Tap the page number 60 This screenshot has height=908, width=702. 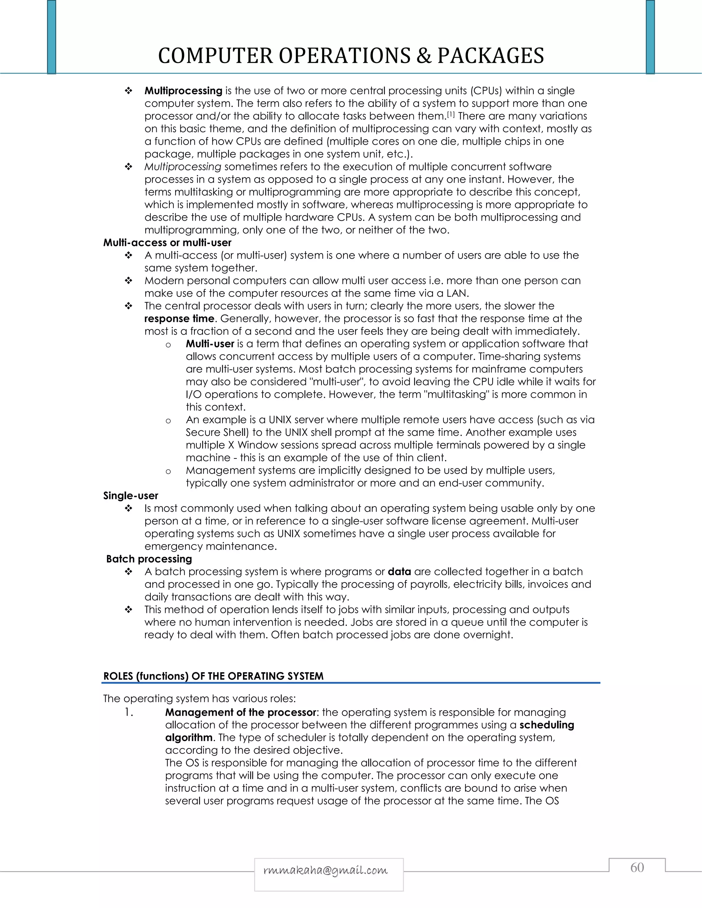point(637,867)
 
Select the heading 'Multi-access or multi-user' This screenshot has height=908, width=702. point(167,243)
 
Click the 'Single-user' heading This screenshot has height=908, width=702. point(131,495)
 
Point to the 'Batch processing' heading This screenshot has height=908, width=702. point(149,559)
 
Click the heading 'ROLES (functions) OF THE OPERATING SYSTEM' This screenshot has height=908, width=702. point(213,676)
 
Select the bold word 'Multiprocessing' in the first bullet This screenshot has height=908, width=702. point(183,91)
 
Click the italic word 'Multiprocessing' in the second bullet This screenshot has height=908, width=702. point(183,167)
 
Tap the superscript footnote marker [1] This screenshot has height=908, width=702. point(451,114)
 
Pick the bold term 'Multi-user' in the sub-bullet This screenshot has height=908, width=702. point(210,344)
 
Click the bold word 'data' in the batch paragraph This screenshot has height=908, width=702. point(399,572)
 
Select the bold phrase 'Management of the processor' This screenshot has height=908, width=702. point(241,712)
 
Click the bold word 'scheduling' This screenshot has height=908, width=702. point(546,725)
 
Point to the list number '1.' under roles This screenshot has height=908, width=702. point(129,712)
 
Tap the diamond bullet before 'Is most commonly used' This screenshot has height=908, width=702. point(129,508)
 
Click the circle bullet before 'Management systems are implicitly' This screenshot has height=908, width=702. point(168,471)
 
